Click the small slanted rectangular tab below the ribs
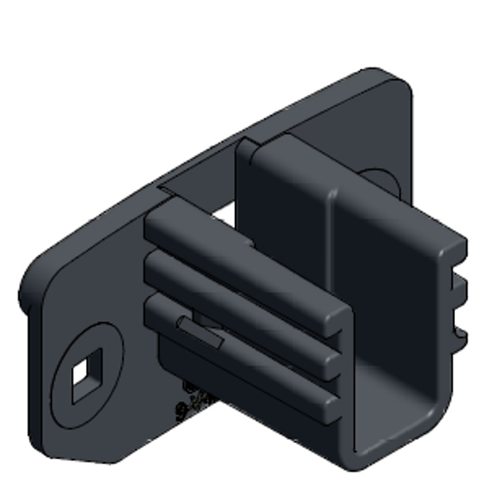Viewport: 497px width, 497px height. [x=201, y=333]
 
